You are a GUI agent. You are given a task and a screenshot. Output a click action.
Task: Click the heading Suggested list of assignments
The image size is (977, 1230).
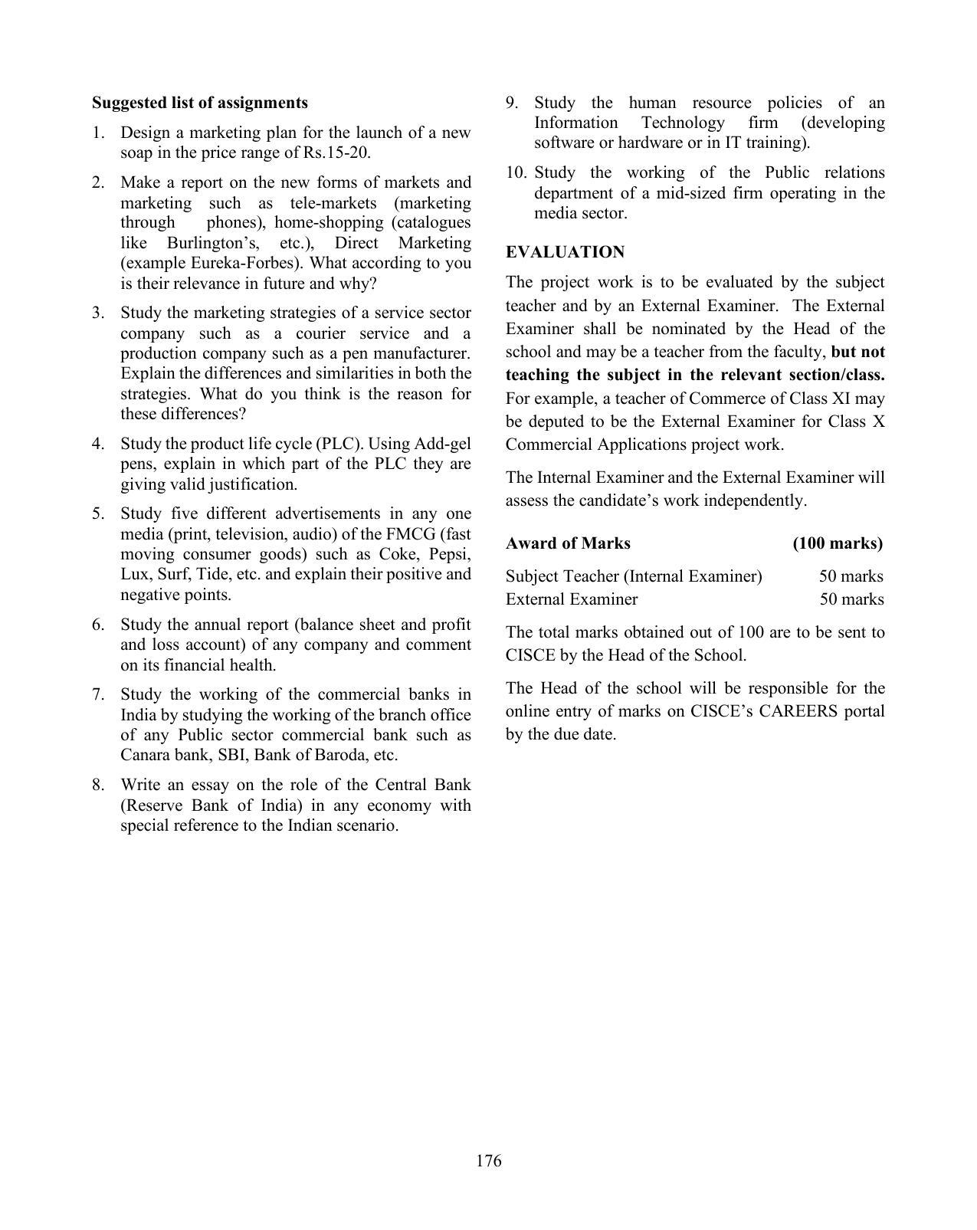pos(199,103)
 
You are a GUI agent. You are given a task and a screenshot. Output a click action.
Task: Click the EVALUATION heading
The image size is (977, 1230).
pos(565,252)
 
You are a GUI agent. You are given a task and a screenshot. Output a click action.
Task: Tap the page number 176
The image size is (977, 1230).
pos(488,1160)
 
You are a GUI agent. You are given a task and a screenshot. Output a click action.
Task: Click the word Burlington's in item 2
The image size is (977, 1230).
pos(212,243)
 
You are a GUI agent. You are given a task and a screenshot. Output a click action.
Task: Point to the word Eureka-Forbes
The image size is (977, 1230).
pos(256,263)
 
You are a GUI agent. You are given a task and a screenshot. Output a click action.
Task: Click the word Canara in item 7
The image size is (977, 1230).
pos(146,755)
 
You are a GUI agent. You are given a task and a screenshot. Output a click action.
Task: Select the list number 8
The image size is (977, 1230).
pos(98,785)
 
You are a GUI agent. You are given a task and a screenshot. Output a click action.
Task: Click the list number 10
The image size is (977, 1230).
pos(516,172)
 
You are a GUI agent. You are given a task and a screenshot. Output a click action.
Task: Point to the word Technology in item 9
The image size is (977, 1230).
pos(682,123)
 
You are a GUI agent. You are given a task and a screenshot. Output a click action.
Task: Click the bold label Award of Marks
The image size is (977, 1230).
pos(568,543)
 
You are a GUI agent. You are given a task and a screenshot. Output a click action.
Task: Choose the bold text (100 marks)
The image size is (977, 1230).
pos(838,543)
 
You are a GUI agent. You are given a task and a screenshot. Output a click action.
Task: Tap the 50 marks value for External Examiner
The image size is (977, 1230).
pos(851,599)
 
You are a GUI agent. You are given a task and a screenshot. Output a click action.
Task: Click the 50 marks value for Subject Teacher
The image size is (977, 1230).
pos(851,576)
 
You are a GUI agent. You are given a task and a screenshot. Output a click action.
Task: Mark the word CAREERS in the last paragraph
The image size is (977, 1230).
pos(798,711)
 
